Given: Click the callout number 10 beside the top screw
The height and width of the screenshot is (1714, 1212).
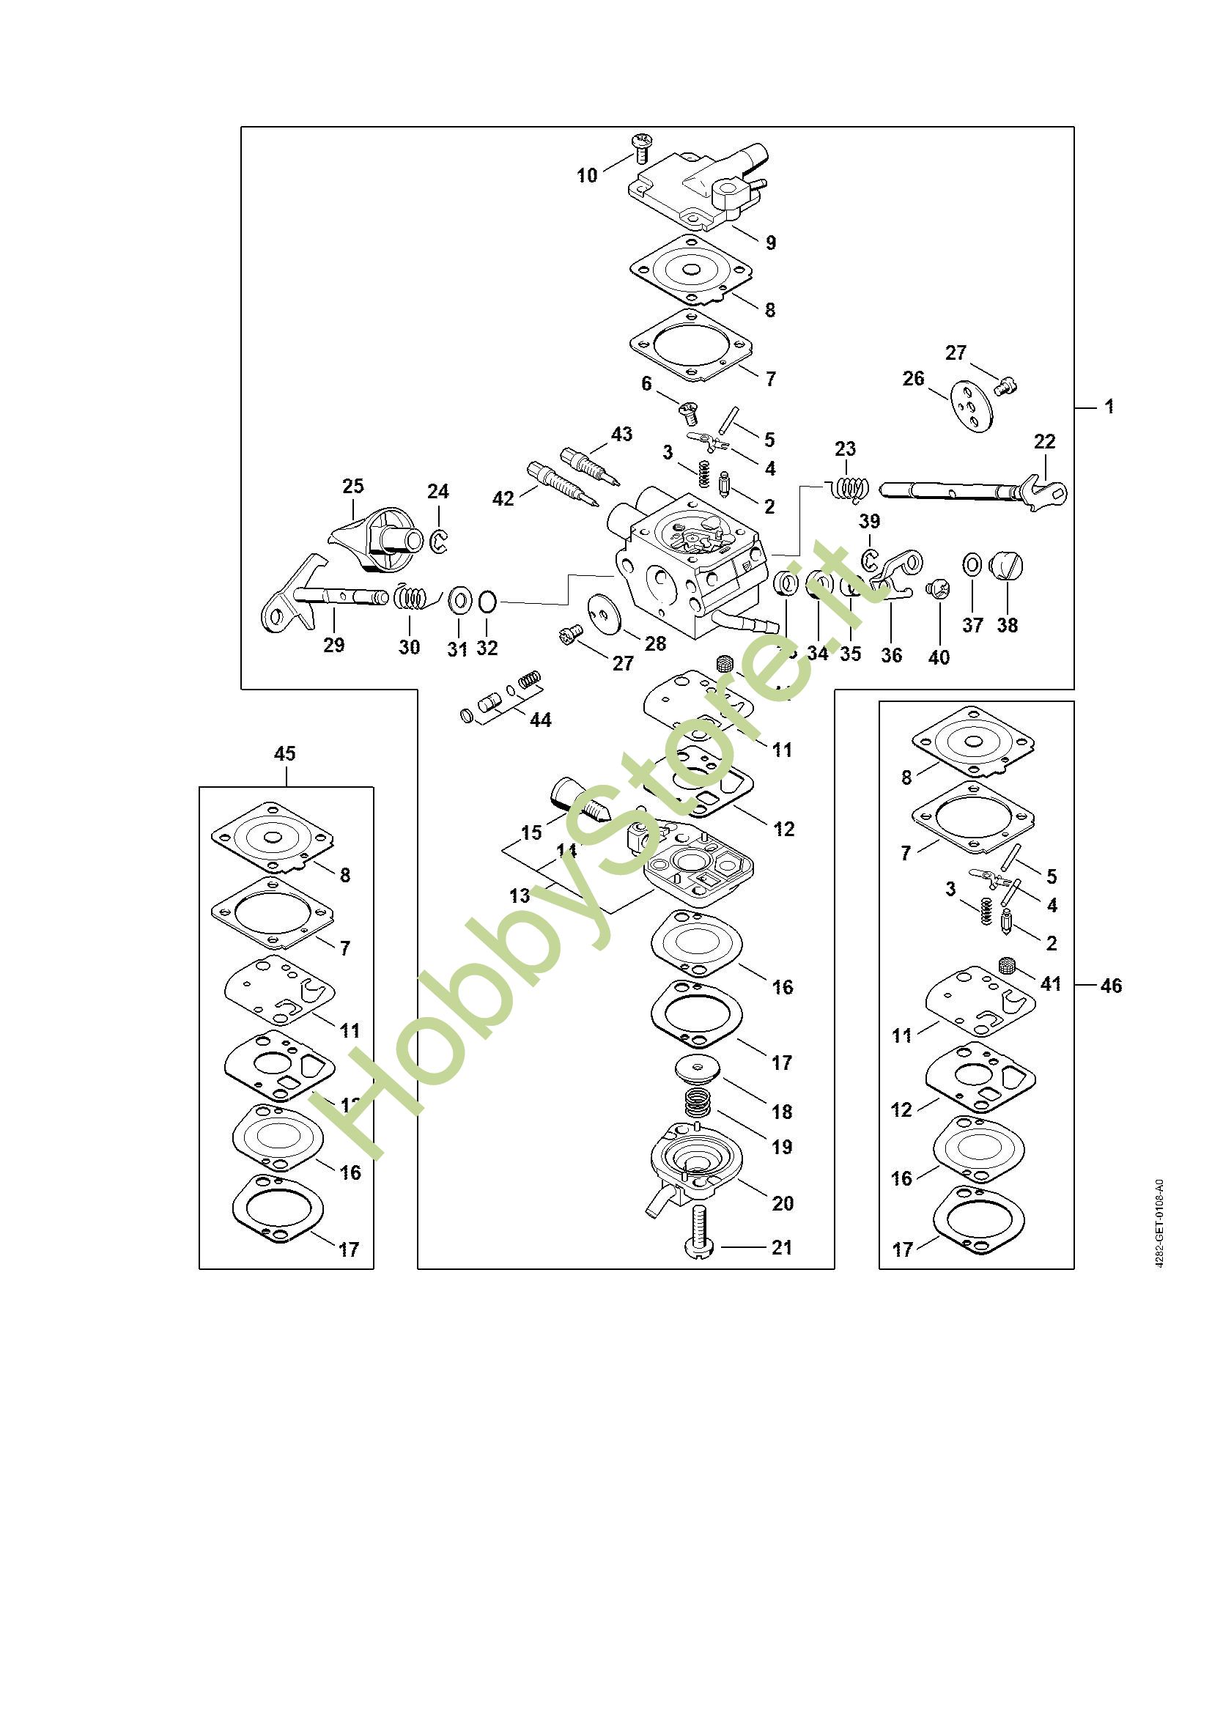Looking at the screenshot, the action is coord(587,175).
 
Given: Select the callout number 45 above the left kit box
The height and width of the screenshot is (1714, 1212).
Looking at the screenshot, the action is coord(285,753).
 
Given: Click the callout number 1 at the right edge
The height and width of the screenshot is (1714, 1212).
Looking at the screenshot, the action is coord(1109,407).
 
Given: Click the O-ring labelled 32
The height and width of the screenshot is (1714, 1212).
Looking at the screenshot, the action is coord(487,601).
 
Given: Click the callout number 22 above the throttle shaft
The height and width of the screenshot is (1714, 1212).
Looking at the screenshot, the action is coord(1045,441).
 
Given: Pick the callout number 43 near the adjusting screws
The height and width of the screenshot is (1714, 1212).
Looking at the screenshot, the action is coord(621,434).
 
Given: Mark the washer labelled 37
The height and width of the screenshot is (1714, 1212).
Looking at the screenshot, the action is coord(972,565).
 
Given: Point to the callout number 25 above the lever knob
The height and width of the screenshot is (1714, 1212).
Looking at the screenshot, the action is coord(353,486).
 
